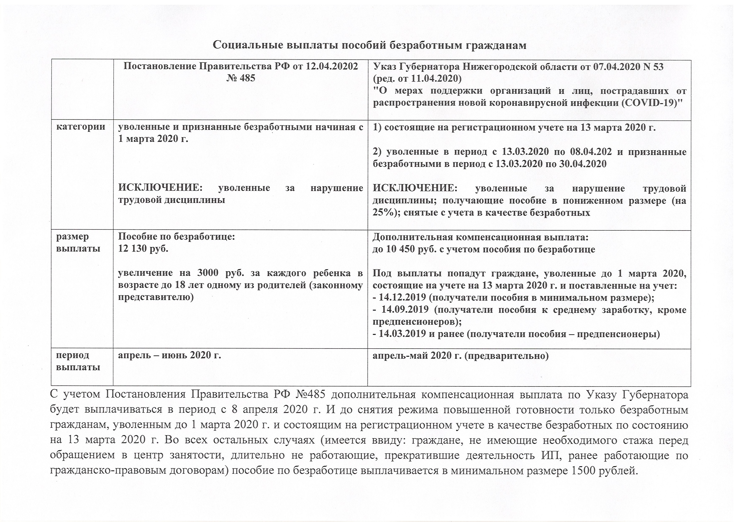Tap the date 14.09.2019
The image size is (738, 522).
(x=405, y=309)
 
